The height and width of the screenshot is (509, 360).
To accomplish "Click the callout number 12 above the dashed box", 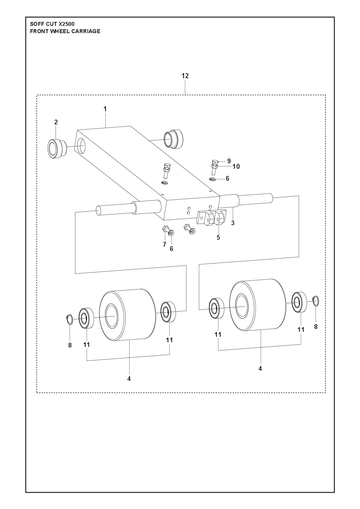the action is pyautogui.click(x=185, y=76).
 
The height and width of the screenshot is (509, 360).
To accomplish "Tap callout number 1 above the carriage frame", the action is pyautogui.click(x=105, y=109).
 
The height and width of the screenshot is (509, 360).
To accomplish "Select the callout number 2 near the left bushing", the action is pyautogui.click(x=56, y=122).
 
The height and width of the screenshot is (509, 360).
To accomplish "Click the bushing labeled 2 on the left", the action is pyautogui.click(x=57, y=148).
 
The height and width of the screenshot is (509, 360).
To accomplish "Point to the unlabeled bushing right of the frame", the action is pyautogui.click(x=173, y=138).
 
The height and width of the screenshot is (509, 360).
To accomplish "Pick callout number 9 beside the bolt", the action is pyautogui.click(x=229, y=161).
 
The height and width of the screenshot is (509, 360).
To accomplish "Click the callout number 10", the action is pyautogui.click(x=236, y=166).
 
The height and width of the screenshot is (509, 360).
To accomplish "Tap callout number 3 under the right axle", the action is pyautogui.click(x=233, y=223).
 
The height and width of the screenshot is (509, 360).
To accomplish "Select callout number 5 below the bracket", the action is pyautogui.click(x=218, y=237).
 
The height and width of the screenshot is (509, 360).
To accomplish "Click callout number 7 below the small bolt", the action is pyautogui.click(x=164, y=245).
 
